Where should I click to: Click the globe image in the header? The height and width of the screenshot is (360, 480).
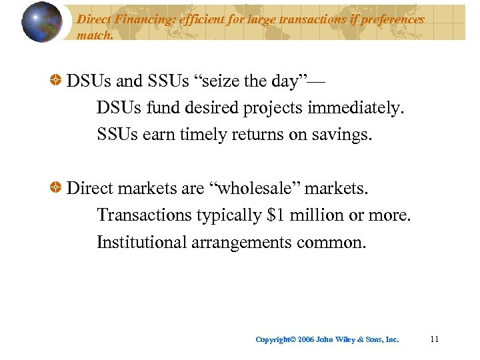[41, 23]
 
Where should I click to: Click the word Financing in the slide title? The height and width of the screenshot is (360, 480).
[140, 19]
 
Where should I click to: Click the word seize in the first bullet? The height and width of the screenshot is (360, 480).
[216, 81]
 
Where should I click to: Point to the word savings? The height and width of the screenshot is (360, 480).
[343, 135]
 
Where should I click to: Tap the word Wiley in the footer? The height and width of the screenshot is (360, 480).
[350, 339]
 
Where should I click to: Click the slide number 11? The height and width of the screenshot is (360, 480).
[435, 339]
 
